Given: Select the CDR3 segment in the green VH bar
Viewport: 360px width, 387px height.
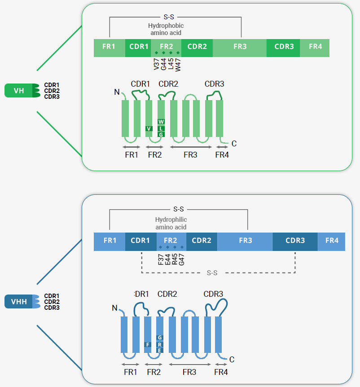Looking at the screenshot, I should point(284,47).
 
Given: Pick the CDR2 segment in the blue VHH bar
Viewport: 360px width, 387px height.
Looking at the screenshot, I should point(202,241).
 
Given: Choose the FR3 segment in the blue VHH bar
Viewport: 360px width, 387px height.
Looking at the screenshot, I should point(245,241).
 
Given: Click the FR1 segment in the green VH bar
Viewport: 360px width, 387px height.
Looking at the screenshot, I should point(109,47).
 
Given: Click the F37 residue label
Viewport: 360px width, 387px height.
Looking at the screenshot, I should point(161,260).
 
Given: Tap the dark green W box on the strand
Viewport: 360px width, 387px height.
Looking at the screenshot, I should point(162,122).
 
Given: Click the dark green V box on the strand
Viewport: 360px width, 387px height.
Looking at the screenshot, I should point(149,128).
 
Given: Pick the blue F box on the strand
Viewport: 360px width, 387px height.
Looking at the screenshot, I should point(147,344).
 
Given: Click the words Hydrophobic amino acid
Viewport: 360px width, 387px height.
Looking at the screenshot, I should point(166,29).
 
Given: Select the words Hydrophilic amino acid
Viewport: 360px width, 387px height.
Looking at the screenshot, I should point(171,223).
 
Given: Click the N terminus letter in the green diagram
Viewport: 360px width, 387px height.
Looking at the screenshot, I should point(117,92).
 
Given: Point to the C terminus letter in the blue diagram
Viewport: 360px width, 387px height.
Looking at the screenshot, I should point(232,359).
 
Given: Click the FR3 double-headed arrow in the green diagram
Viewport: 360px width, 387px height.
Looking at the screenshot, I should point(190,147).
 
